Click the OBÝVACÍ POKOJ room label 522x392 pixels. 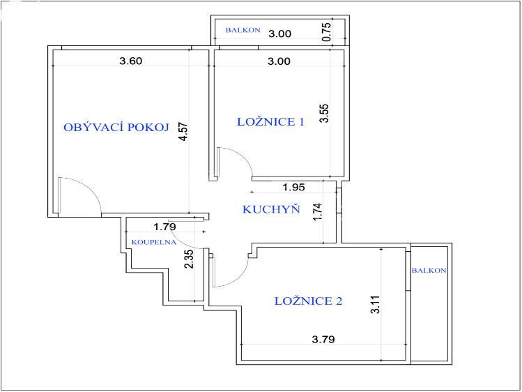[x=116, y=127]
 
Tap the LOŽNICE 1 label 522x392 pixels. [x=270, y=121]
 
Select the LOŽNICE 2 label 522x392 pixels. [x=308, y=301]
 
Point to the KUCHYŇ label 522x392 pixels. [x=271, y=209]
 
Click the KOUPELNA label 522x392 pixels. [x=153, y=242]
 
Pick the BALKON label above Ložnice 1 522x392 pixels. [x=243, y=30]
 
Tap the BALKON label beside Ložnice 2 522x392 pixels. [x=429, y=271]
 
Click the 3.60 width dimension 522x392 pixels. [x=131, y=61]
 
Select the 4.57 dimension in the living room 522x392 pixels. [x=183, y=132]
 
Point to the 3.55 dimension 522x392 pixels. [x=324, y=113]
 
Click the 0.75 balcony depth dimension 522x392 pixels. [x=327, y=31]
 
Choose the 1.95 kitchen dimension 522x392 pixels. [x=293, y=187]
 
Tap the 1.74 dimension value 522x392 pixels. [x=318, y=211]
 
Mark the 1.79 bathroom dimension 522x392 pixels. [x=164, y=227]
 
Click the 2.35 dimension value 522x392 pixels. [x=189, y=259]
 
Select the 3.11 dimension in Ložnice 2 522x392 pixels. [x=375, y=304]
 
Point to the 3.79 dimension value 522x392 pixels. [x=323, y=340]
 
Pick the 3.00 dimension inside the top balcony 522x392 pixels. [x=279, y=33]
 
